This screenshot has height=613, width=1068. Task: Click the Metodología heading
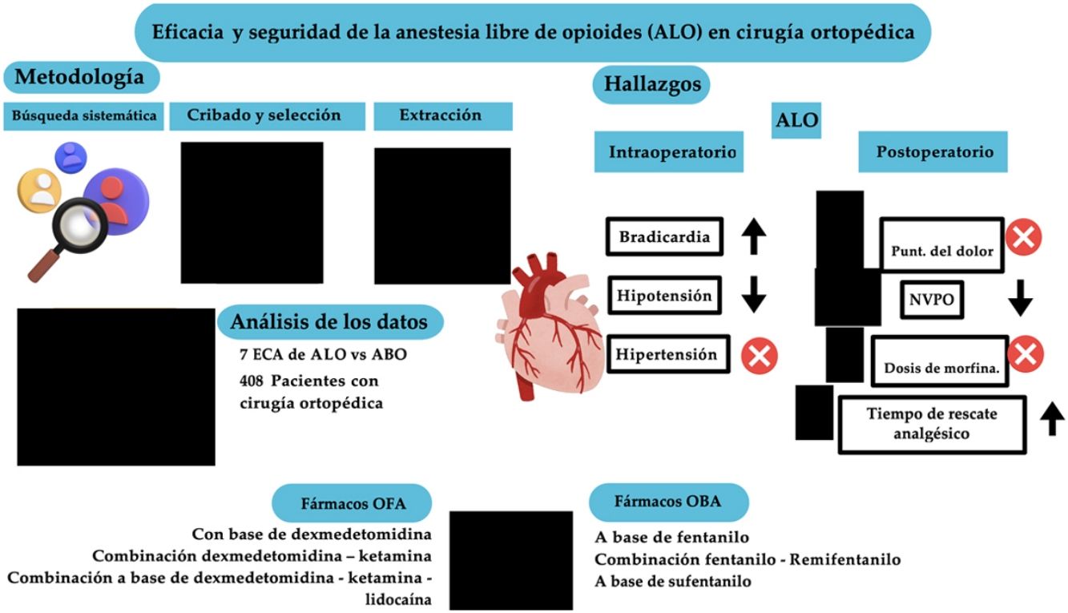click(80, 78)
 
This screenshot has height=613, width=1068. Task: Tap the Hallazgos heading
click(651, 84)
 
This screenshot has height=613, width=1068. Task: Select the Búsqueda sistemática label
click(83, 115)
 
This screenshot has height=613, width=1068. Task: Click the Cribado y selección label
click(264, 115)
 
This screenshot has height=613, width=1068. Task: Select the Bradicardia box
click(663, 237)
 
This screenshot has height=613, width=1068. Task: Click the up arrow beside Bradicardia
click(753, 237)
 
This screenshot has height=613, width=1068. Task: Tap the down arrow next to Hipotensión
click(753, 296)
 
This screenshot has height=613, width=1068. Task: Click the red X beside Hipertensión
click(759, 355)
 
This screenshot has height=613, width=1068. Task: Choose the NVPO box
click(930, 299)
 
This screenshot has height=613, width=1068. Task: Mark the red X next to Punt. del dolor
click(1022, 238)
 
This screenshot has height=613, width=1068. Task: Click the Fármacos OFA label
click(352, 504)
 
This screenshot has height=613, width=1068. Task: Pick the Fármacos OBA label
click(667, 502)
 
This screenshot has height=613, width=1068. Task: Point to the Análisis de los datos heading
click(328, 323)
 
